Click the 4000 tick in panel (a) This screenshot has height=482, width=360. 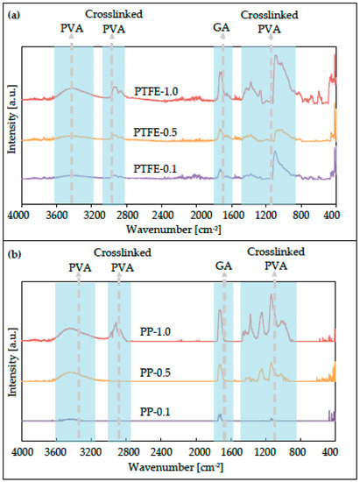pos(19,213)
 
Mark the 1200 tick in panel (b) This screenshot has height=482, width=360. pos(265,453)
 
